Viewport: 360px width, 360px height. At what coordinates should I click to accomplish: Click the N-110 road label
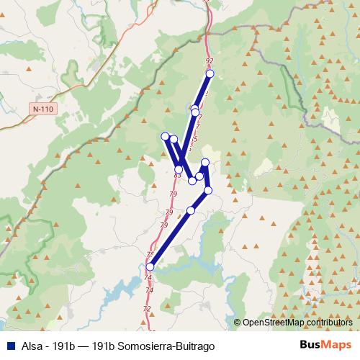pos(45,109)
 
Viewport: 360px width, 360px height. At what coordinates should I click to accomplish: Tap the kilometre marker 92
pos(210,62)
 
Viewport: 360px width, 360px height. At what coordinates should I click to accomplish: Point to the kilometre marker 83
pos(177,175)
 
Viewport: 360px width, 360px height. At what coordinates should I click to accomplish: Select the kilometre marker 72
pos(147,309)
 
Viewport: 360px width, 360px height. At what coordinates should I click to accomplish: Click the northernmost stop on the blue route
pos(210,73)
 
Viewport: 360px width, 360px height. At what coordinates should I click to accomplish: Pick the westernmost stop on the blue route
pos(165,136)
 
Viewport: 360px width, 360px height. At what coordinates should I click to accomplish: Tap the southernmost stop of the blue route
pos(150,267)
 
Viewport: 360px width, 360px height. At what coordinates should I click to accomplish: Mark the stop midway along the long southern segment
pos(191,210)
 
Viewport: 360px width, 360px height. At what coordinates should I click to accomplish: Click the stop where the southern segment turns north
pos(208,190)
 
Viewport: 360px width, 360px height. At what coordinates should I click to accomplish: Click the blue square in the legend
pos(9,346)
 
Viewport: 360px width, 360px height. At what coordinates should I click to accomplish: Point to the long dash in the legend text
pos(86,346)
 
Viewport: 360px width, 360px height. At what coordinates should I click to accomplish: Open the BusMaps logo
pos(325,346)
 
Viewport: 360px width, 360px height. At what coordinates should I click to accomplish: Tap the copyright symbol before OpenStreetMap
pos(237,323)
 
